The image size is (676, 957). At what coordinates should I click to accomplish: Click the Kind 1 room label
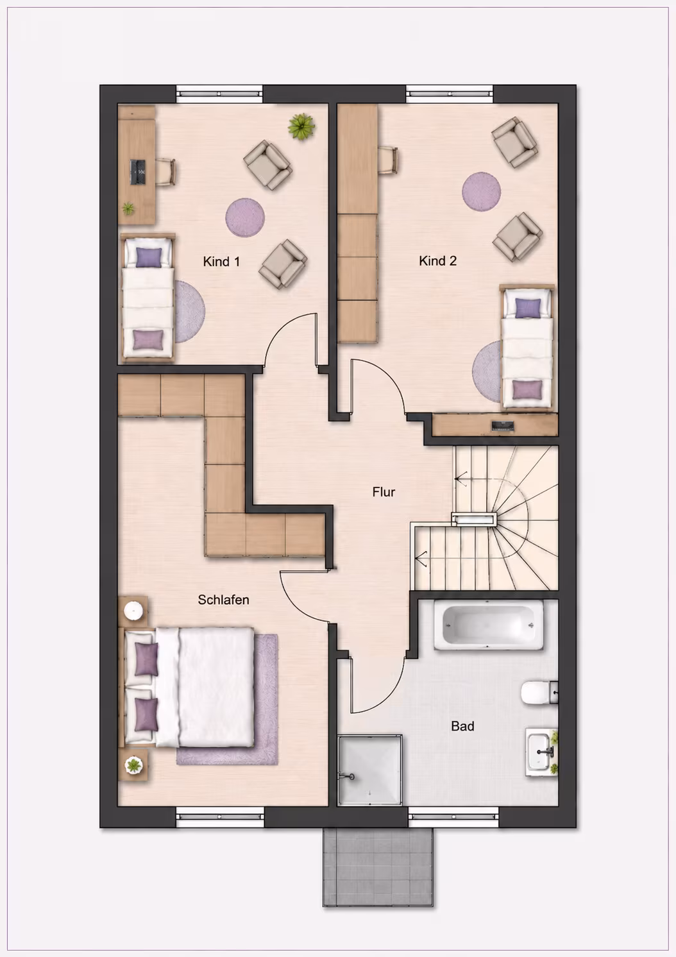tap(221, 262)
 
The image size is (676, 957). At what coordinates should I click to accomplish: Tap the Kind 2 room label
tap(437, 260)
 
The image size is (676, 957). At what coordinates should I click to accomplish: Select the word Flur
tap(384, 492)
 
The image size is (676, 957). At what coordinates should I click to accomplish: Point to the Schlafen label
tap(223, 600)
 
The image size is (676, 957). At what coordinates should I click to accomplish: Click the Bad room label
tap(462, 726)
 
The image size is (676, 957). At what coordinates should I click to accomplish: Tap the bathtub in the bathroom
tap(489, 625)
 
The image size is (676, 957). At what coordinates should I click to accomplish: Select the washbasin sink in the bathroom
tap(539, 751)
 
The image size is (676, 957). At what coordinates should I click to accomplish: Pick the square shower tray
tap(369, 770)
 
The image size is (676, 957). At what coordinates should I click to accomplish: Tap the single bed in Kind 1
tap(148, 298)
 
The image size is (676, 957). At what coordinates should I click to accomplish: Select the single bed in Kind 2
tap(527, 348)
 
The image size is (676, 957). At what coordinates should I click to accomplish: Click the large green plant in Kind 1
tap(301, 126)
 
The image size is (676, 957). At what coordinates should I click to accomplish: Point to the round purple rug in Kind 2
tap(481, 191)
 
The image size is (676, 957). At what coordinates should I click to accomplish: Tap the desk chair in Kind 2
tap(388, 160)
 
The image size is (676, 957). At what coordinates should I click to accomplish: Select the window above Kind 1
tap(219, 94)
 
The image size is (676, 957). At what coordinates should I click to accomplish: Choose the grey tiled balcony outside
tap(378, 867)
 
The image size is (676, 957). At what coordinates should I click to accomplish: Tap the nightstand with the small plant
tap(133, 765)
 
